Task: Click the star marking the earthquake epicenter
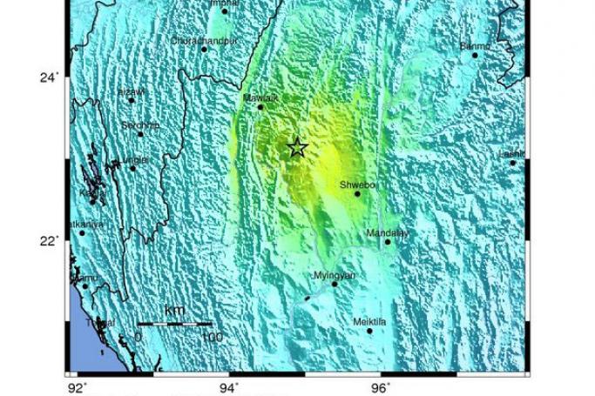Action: [x=297, y=147]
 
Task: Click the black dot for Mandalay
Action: [x=388, y=242]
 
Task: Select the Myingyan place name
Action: [x=334, y=275]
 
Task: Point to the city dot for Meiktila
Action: [x=369, y=331]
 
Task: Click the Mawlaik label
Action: [x=261, y=97]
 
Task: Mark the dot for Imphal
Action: [x=225, y=11]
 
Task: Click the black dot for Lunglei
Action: [x=132, y=168]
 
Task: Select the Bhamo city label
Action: [x=475, y=46]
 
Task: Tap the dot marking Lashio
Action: [x=513, y=163]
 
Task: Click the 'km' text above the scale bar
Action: [x=174, y=311]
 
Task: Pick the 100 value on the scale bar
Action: [x=211, y=337]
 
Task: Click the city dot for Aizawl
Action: [x=132, y=100]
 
